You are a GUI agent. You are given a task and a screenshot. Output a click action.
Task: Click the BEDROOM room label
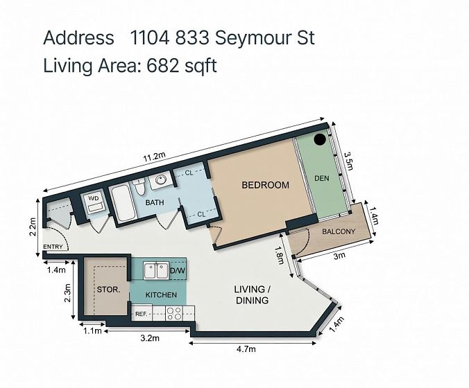coord(265,185)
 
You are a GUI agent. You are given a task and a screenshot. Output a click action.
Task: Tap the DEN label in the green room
coord(322,178)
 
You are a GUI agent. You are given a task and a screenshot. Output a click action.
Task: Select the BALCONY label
coord(339,231)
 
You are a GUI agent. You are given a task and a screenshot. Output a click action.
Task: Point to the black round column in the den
coord(320,139)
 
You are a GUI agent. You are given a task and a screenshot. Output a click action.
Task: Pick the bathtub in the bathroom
coord(123,204)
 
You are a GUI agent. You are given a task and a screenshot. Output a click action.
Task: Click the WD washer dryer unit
coord(94,203)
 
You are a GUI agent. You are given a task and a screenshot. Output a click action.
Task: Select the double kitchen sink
coord(156,271)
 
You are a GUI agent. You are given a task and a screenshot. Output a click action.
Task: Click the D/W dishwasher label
coord(178,271)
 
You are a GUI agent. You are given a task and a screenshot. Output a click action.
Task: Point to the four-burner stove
coord(174,314)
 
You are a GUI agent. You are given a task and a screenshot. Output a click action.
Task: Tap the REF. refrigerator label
coord(141,315)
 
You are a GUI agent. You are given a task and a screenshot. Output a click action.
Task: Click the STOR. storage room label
coord(108,290)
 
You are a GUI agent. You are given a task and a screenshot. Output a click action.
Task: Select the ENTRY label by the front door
coord(53,247)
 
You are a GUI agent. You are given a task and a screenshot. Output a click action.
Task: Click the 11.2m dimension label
coord(154,157)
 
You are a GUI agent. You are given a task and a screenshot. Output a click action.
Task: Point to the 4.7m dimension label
coord(246,349)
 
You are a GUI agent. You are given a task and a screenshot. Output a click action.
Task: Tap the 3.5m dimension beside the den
coord(348,161)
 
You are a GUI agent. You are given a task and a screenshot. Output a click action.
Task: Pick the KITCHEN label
coord(161,294)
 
